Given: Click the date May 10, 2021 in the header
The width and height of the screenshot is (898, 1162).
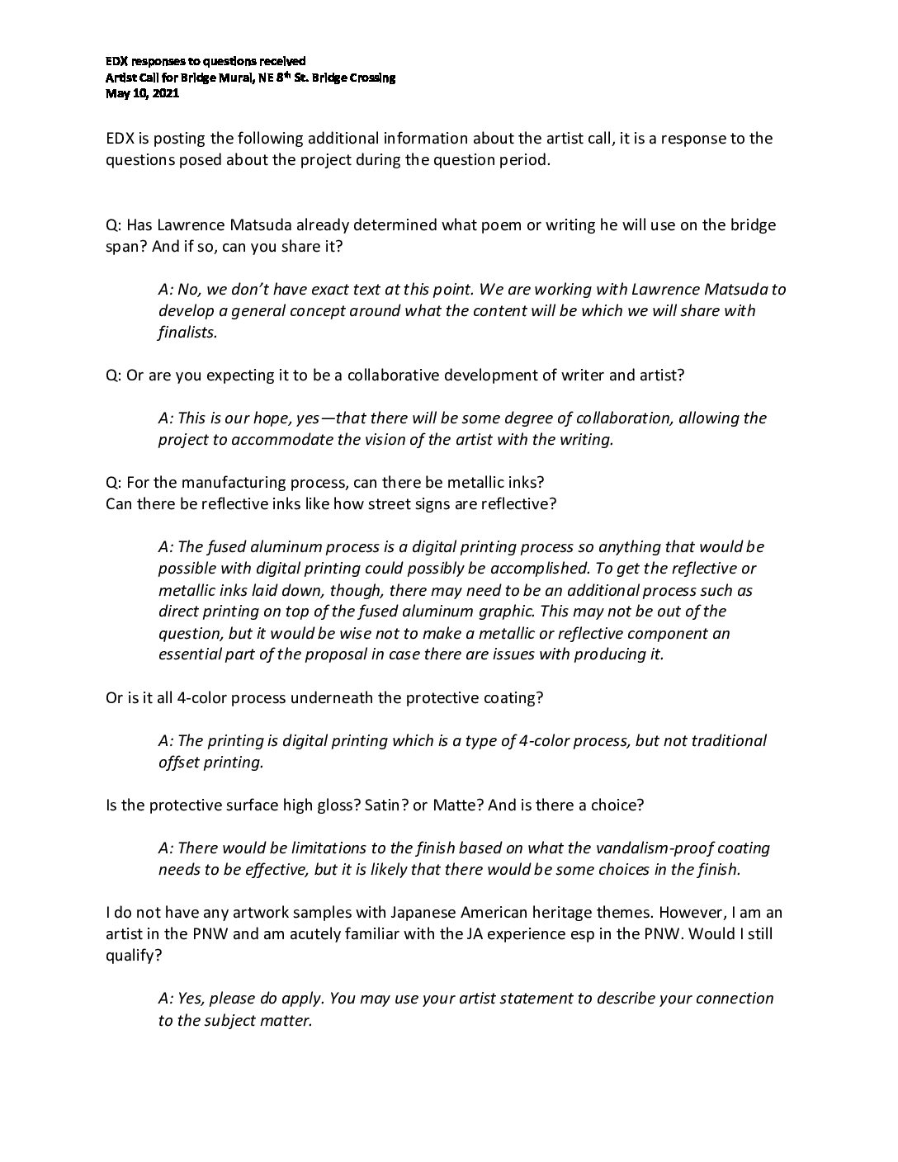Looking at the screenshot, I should click(x=142, y=94).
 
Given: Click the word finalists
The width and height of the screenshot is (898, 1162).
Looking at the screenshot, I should click(x=187, y=332).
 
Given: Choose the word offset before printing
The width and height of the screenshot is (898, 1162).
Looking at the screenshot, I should click(x=179, y=762).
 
